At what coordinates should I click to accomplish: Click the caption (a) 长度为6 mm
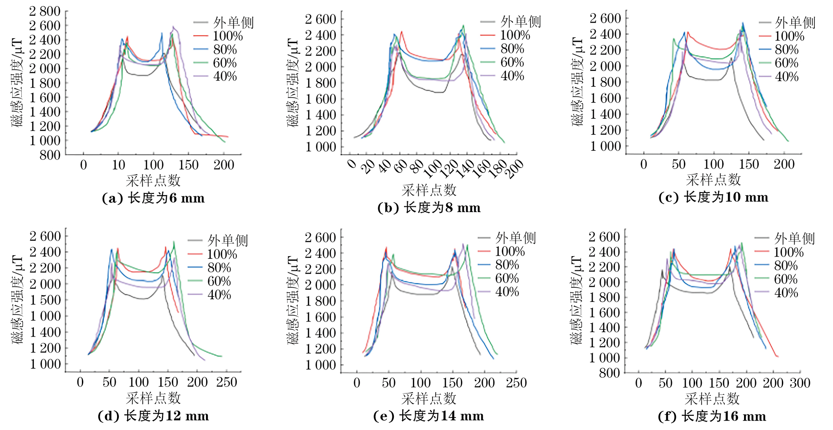click(153, 198)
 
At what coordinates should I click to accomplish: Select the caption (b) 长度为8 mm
click(429, 208)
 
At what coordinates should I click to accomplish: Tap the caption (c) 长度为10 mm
click(713, 197)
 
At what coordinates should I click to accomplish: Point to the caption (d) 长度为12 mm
click(153, 416)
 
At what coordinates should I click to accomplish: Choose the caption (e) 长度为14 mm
click(429, 416)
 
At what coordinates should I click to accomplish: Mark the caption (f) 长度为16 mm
click(712, 417)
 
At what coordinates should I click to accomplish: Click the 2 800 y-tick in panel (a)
click(44, 11)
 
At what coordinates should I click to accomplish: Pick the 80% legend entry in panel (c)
click(786, 49)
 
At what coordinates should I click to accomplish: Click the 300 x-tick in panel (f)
click(800, 383)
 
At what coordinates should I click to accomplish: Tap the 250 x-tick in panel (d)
click(226, 382)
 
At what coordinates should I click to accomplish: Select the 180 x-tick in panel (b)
click(497, 169)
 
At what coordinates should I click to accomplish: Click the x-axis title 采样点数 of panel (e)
click(429, 398)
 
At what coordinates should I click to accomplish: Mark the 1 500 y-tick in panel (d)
click(45, 300)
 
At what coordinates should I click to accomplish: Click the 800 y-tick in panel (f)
click(609, 373)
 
